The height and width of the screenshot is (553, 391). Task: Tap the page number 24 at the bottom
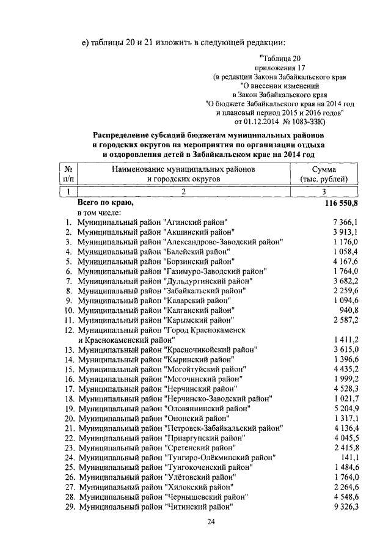(211, 521)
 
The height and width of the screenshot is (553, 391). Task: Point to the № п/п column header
(70, 174)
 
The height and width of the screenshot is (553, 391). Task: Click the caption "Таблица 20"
(280, 58)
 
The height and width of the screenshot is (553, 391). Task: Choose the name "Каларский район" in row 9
(198, 301)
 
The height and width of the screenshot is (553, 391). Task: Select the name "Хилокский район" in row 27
(198, 487)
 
